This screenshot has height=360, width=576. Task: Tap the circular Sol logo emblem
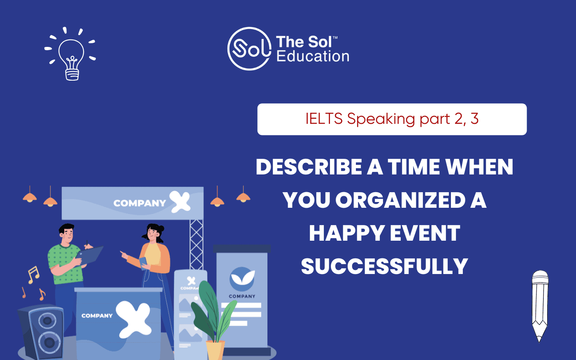coord(249,49)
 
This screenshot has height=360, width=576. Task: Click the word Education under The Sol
coord(313,56)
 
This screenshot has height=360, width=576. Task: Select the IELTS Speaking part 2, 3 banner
coord(392,119)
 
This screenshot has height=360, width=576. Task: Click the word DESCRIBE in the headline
coord(309,167)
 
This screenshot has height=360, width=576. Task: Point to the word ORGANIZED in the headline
coord(400,200)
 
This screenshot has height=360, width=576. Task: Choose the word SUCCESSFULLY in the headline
coord(384,267)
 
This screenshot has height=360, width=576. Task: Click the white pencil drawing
coord(540,306)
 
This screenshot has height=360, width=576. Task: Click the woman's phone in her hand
coord(143,263)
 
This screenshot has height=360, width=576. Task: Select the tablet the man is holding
coord(90,255)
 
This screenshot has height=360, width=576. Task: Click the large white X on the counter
coord(133,319)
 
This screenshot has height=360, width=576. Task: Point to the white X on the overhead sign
coord(180,202)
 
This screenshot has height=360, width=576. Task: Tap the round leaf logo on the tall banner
coord(242,279)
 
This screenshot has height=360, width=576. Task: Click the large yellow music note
coord(34,275)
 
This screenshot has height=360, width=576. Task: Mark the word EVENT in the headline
coord(425,233)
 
